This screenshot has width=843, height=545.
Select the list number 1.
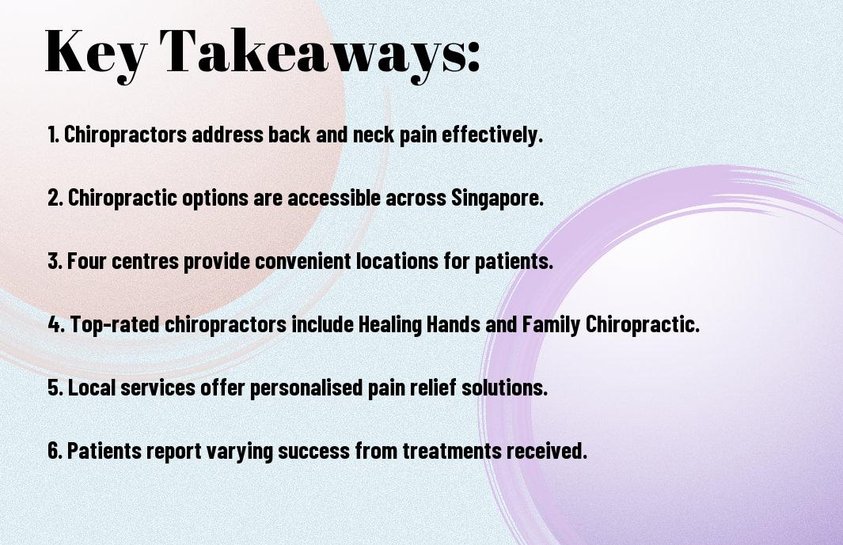pyautogui.click(x=53, y=134)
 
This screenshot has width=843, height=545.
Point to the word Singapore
pyautogui.click(x=497, y=199)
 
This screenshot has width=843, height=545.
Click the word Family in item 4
pyautogui.click(x=551, y=324)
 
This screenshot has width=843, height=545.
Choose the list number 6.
pyautogui.click(x=55, y=450)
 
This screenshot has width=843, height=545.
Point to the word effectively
pyautogui.click(x=492, y=135)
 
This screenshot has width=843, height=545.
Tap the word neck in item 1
pyautogui.click(x=374, y=134)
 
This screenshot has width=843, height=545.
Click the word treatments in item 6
pyautogui.click(x=452, y=450)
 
